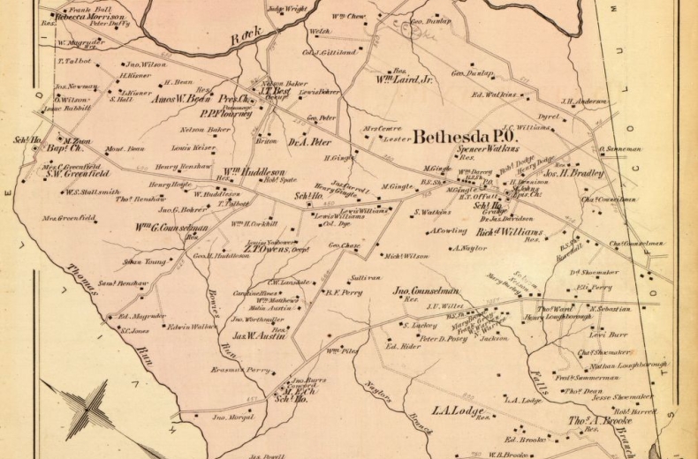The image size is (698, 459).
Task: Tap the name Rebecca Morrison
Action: coord(89,16)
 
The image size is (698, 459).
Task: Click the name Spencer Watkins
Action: coord(487,150)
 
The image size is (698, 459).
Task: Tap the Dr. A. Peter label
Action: coord(309,141)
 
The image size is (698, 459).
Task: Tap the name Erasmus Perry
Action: coord(239,370)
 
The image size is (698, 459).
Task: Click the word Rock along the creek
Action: coord(248,37)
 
